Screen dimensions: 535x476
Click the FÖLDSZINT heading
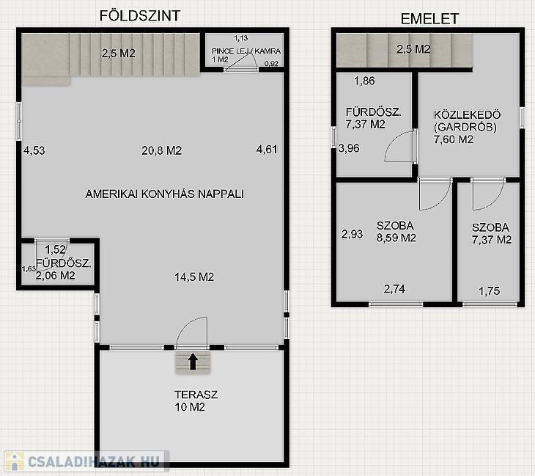coord(140,16)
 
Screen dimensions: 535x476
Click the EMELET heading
coord(429,19)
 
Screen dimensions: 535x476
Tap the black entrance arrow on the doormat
coord(193,362)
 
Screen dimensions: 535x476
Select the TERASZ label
coord(196,395)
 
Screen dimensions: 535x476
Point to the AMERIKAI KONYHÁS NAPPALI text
coord(164,194)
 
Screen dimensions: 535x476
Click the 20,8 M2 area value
coord(162,150)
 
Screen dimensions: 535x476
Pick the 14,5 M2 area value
coord(194,277)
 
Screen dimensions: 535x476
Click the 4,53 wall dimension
coord(34,150)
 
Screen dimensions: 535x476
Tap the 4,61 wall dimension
coord(267,150)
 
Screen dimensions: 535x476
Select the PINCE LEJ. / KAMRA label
coord(246,51)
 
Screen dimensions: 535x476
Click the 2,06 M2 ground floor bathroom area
coord(55,276)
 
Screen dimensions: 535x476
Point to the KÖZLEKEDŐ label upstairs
coord(467,114)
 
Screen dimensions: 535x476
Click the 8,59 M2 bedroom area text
coord(396,238)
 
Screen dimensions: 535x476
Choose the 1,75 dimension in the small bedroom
coord(490,291)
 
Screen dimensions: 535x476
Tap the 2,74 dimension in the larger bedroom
coord(394,289)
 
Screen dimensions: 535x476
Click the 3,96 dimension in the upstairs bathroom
coord(349,148)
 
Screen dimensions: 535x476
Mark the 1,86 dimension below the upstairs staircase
coord(364,81)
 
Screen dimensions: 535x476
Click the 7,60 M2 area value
coord(454,139)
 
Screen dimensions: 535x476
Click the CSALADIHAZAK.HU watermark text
coord(94,462)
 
